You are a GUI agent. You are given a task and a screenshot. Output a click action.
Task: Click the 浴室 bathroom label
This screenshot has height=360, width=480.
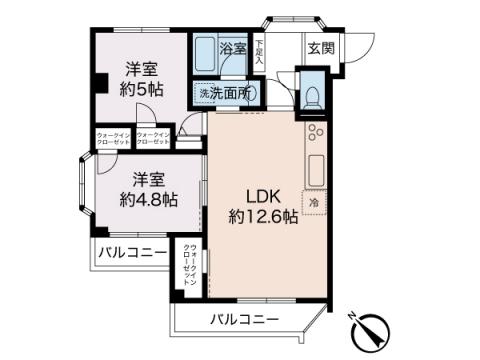pyautogui.click(x=233, y=47)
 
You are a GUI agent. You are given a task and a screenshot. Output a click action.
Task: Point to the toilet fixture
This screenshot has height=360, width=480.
pyautogui.click(x=311, y=97)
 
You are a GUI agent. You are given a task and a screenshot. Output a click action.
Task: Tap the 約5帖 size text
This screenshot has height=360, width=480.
pyautogui.click(x=141, y=88)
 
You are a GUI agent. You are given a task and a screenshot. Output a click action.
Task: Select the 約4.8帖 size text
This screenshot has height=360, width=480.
pyautogui.click(x=147, y=198)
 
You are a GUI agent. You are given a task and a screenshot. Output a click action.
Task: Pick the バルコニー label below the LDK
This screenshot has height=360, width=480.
pyautogui.click(x=244, y=320)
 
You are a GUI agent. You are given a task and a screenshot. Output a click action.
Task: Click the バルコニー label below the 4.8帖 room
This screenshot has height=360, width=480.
pyautogui.click(x=132, y=253)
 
